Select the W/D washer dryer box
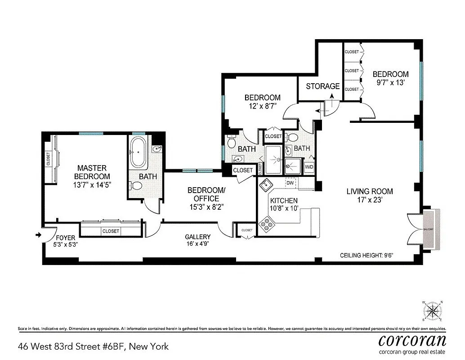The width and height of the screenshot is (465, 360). [309, 167]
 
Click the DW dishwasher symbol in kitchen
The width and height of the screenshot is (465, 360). [290, 183]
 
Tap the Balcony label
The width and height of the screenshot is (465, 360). [429, 229]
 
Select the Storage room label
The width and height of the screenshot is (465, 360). [322, 86]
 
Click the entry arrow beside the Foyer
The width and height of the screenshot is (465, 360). [38, 234]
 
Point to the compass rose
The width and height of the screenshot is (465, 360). [433, 311]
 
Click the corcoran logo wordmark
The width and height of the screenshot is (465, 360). [412, 339]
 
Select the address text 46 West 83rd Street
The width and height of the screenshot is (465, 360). [93, 346]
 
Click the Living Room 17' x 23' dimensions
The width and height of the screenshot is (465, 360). [363, 200]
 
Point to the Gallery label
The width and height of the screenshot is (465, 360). [197, 237]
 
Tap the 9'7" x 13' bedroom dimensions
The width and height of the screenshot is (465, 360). [390, 82]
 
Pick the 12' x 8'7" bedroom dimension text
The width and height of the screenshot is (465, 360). [262, 106]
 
